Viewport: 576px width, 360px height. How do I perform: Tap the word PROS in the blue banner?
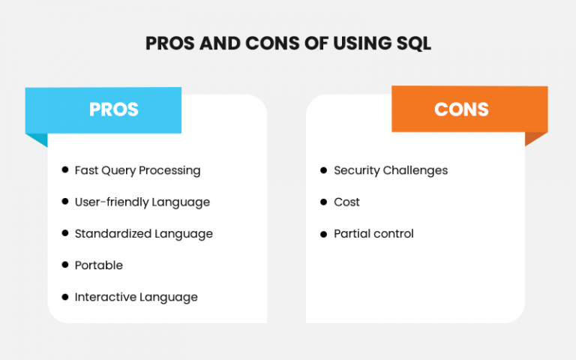(114, 109)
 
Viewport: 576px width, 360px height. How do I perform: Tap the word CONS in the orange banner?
(461, 109)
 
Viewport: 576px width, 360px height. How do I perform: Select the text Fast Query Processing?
(137, 170)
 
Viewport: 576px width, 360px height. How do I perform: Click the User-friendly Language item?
(142, 202)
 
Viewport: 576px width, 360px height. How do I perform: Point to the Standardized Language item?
(143, 234)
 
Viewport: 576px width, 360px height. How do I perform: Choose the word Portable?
(98, 265)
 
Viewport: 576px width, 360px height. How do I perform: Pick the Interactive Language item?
(136, 297)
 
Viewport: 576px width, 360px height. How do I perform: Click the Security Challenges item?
(390, 170)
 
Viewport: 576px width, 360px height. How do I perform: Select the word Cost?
(346, 202)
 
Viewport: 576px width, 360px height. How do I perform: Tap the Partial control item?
(373, 234)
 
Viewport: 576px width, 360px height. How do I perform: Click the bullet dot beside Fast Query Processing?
(65, 170)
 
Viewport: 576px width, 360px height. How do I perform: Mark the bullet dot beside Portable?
(65, 265)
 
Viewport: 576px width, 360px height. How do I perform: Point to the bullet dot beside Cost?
(324, 202)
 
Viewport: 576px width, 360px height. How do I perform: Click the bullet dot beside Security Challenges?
(324, 170)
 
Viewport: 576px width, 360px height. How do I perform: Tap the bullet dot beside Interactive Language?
(65, 297)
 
